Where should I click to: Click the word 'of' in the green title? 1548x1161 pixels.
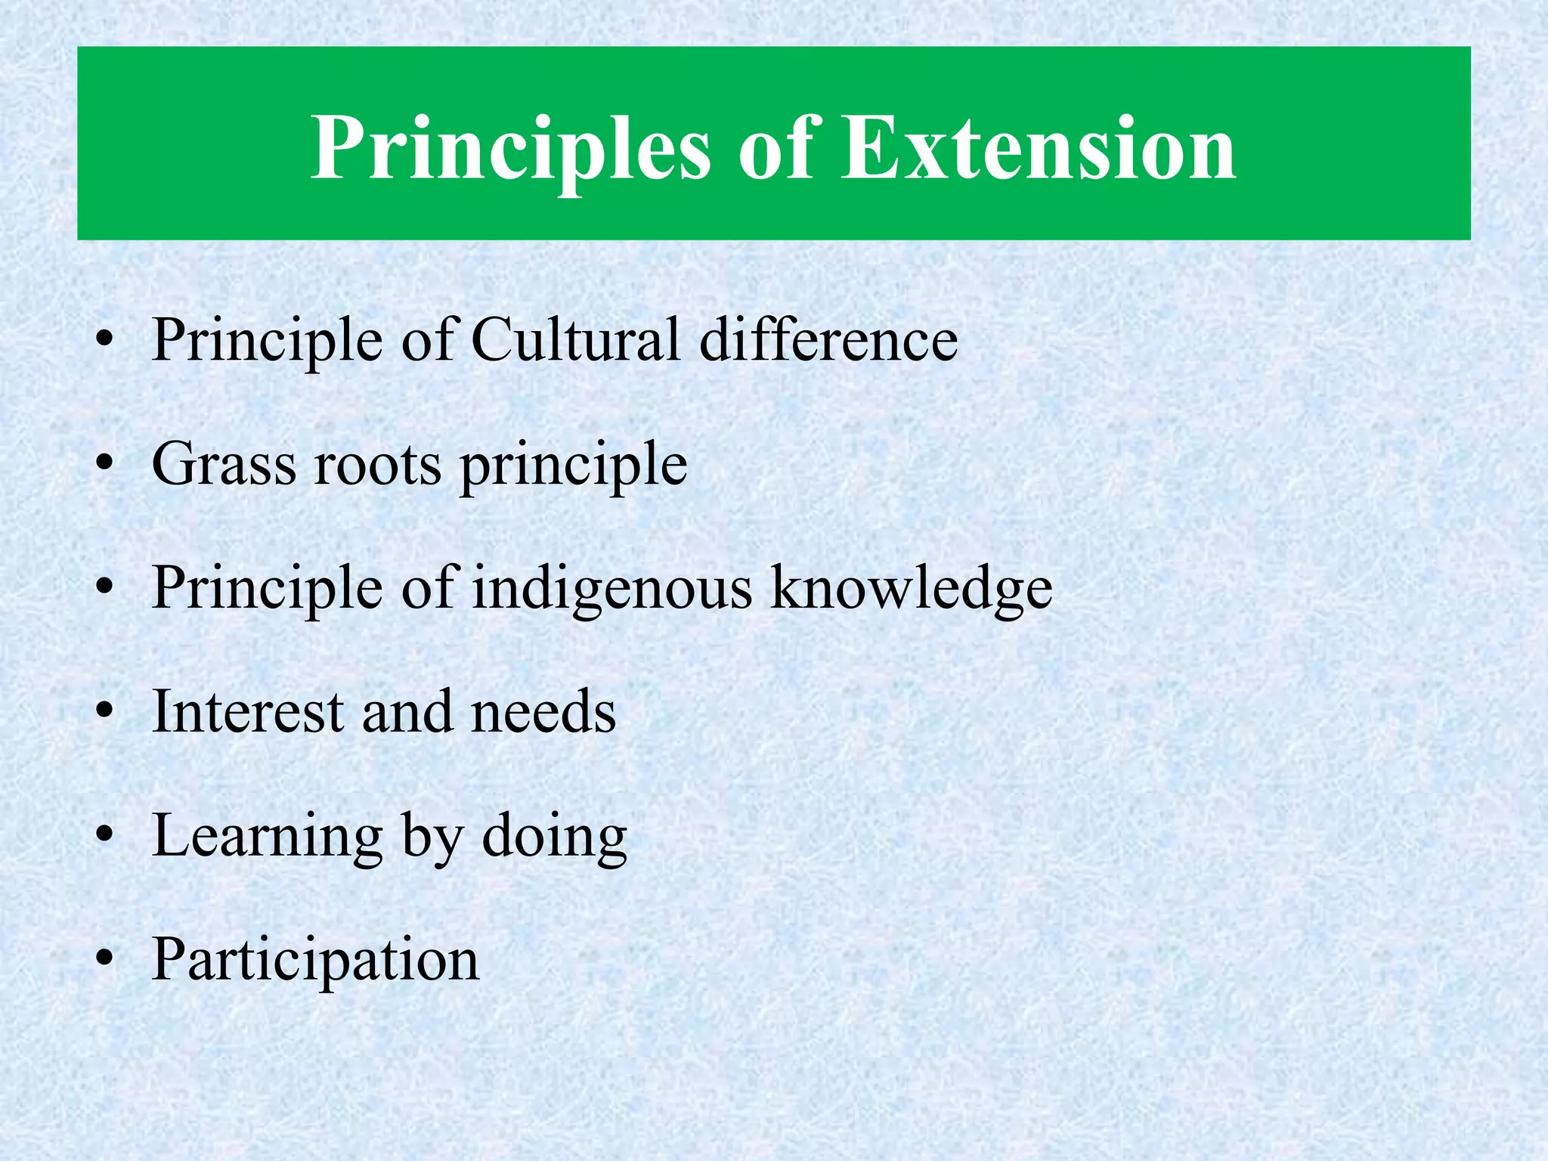click(x=775, y=147)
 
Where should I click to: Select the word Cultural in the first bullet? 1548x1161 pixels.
click(x=575, y=339)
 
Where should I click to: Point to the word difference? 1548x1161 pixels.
click(x=828, y=339)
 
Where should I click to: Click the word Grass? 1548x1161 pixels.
click(x=224, y=463)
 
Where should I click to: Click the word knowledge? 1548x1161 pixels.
click(x=911, y=588)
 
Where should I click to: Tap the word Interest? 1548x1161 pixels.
click(x=248, y=712)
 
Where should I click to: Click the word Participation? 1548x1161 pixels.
click(x=315, y=961)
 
